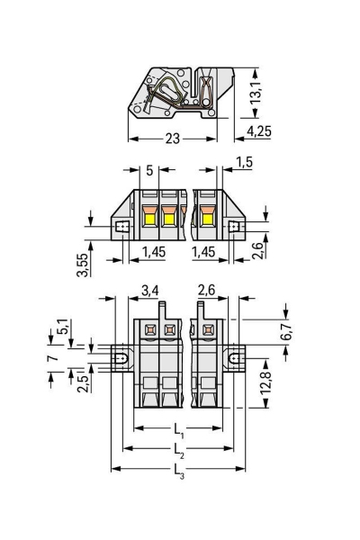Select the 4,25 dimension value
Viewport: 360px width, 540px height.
258,131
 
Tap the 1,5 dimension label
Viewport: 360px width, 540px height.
243,163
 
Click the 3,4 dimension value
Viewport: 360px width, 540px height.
150,289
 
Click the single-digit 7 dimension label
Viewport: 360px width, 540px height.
53,358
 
